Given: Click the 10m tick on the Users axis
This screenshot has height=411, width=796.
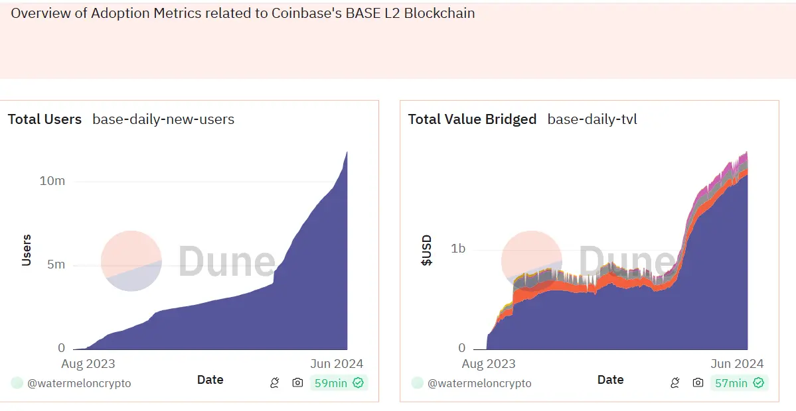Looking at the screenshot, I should coord(52,181).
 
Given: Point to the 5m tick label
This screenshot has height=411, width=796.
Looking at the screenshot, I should coord(55,264).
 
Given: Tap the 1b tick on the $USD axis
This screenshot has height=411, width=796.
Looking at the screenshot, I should coord(458,249).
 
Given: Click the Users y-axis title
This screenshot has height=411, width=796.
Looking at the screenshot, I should coord(27,250).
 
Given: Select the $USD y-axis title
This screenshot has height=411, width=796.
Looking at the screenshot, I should coord(427,250).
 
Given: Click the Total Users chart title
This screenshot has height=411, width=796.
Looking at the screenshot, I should coord(44,119).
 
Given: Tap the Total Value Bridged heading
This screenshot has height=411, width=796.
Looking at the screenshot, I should coord(472,119).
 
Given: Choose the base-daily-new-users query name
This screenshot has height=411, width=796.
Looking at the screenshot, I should coord(163,119).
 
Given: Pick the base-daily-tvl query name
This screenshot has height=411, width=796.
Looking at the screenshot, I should coord(592,119).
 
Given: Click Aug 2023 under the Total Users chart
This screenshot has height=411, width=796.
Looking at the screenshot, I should coord(88,363).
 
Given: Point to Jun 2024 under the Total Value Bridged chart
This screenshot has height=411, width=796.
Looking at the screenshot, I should coord(738,363).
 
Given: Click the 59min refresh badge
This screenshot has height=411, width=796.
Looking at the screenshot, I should coord(339,382).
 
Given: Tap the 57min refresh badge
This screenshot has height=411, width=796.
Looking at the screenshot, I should coord(739,382).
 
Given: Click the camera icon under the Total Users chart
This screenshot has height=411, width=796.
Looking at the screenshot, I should coord(297,382).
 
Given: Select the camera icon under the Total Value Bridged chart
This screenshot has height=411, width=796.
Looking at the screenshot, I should coord(698,382).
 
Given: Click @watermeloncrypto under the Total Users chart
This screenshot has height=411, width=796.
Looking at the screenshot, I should coord(79,383).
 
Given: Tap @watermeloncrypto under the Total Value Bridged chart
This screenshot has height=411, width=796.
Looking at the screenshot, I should coord(479,383).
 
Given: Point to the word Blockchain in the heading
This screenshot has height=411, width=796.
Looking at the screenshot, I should coord(442,13).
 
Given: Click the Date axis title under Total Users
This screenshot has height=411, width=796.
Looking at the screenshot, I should coord(210,380).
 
